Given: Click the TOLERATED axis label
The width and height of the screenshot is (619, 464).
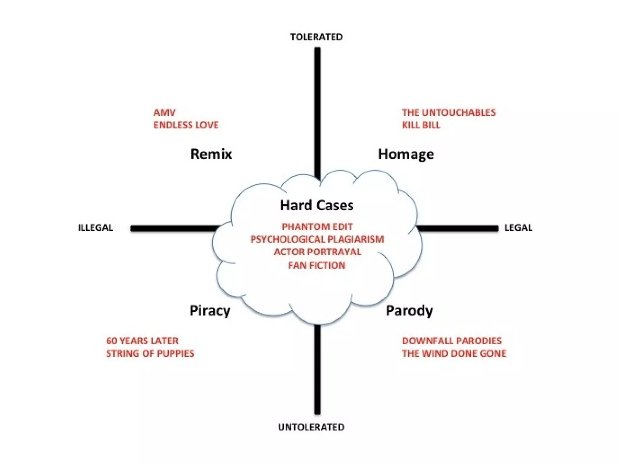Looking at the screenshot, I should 316,37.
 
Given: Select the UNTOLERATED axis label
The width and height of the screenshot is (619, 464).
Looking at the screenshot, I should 311,427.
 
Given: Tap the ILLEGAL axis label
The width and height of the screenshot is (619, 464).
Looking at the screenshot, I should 96,227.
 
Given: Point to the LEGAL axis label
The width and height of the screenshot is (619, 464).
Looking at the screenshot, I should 518,227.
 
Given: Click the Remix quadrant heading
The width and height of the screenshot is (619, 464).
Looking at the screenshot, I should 211,154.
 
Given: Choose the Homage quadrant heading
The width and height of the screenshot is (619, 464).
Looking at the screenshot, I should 406,154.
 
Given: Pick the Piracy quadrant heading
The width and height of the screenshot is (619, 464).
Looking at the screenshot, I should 210,311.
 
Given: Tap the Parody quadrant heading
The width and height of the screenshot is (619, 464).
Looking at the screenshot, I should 409,311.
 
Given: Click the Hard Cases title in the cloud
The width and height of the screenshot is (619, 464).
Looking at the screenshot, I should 317,205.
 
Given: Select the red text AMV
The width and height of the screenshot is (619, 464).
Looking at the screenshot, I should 164,113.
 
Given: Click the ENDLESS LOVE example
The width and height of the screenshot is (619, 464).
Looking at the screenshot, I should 186,125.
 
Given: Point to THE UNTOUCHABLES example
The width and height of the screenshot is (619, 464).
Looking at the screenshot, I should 449,113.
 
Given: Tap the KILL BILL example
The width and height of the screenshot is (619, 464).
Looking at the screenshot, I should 421,125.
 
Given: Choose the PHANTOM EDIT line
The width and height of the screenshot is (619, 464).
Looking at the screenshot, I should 317,227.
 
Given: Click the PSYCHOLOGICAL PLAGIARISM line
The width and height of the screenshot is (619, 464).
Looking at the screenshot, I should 317,239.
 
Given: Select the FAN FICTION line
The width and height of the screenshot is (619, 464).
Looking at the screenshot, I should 317,265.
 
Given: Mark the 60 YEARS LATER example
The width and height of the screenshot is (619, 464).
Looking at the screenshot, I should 142,341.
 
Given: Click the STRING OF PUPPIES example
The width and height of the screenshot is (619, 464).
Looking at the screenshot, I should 150,353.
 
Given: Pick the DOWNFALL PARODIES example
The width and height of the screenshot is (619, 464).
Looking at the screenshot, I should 452,341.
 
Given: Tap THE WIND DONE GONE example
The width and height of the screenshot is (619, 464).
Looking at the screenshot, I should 454,353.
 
